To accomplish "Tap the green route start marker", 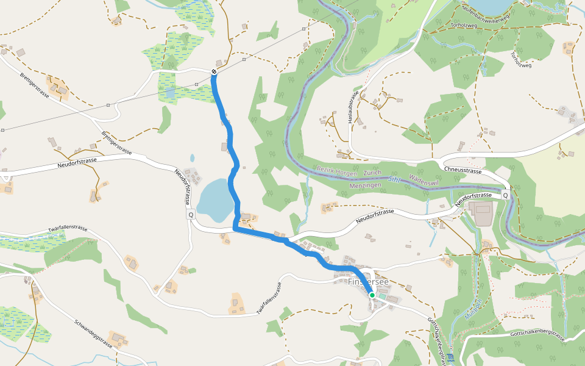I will point(372,295).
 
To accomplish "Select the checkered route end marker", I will point(214,72).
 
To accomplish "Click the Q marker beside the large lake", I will point(191,215).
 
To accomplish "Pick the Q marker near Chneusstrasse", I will point(505,195).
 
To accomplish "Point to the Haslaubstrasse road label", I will point(352,109).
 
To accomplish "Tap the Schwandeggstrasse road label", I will point(94,333).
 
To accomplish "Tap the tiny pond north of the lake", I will point(193,158).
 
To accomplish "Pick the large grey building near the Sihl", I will point(483,214).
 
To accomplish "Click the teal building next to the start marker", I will point(381,296).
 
